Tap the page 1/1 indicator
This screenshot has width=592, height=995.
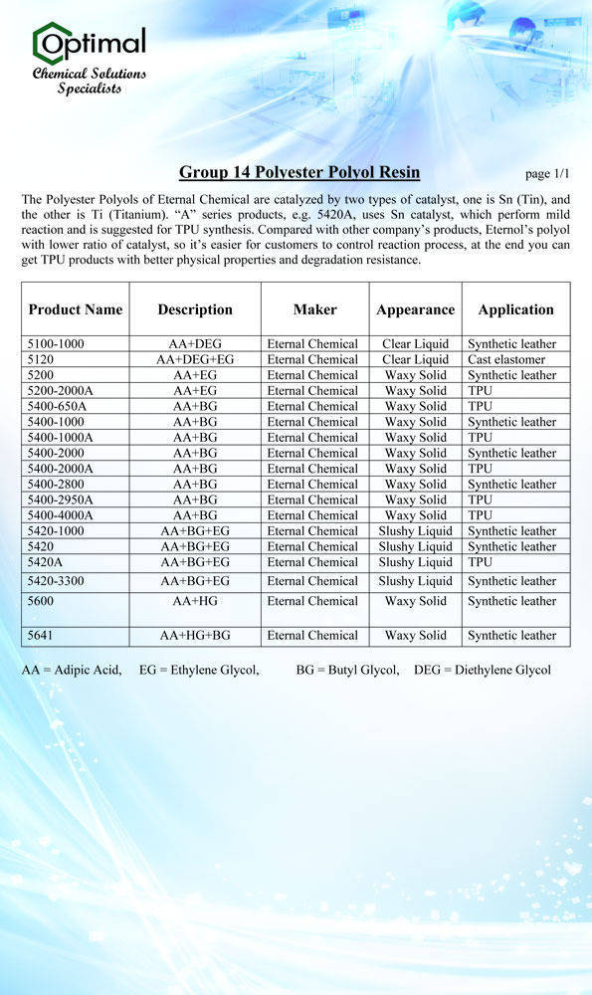[547, 174]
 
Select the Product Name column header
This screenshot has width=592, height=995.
[76, 309]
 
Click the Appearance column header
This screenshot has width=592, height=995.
[415, 310]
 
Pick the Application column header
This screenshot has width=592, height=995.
[515, 309]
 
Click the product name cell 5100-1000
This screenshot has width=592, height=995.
[56, 344]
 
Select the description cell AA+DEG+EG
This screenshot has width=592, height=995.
[195, 359]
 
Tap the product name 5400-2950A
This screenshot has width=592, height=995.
[61, 499]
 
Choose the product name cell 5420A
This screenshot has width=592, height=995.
[45, 562]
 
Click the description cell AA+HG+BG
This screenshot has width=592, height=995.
[195, 635]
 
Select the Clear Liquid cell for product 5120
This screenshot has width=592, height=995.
[415, 359]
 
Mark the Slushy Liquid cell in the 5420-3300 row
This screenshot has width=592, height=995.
[415, 581]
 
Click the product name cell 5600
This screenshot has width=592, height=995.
[41, 601]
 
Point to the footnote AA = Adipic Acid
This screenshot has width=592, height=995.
[72, 670]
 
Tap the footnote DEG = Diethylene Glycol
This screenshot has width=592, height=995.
[482, 670]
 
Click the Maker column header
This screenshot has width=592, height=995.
[314, 309]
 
